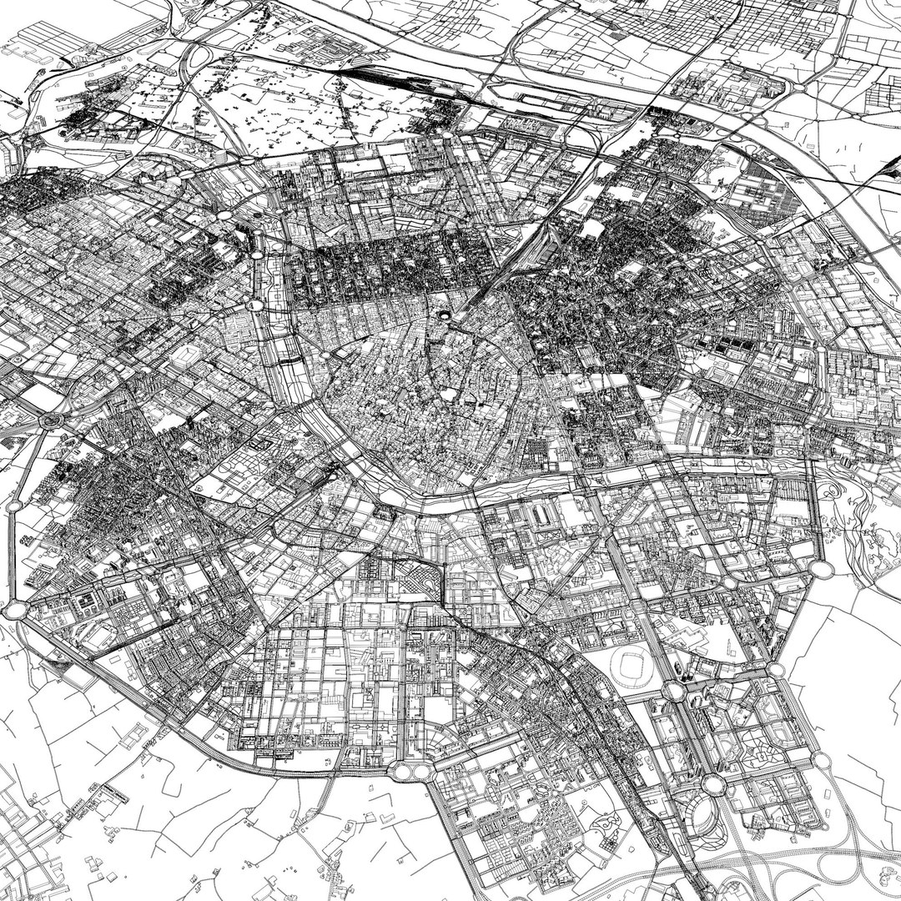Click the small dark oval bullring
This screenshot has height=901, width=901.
tap(443, 315)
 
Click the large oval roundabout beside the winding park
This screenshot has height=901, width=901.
tap(821, 568)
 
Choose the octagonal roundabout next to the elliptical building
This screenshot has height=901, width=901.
tap(712, 784)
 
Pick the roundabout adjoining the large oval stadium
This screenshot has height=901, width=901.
tap(674, 691)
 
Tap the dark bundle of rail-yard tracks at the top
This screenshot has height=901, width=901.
tap(384, 81)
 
